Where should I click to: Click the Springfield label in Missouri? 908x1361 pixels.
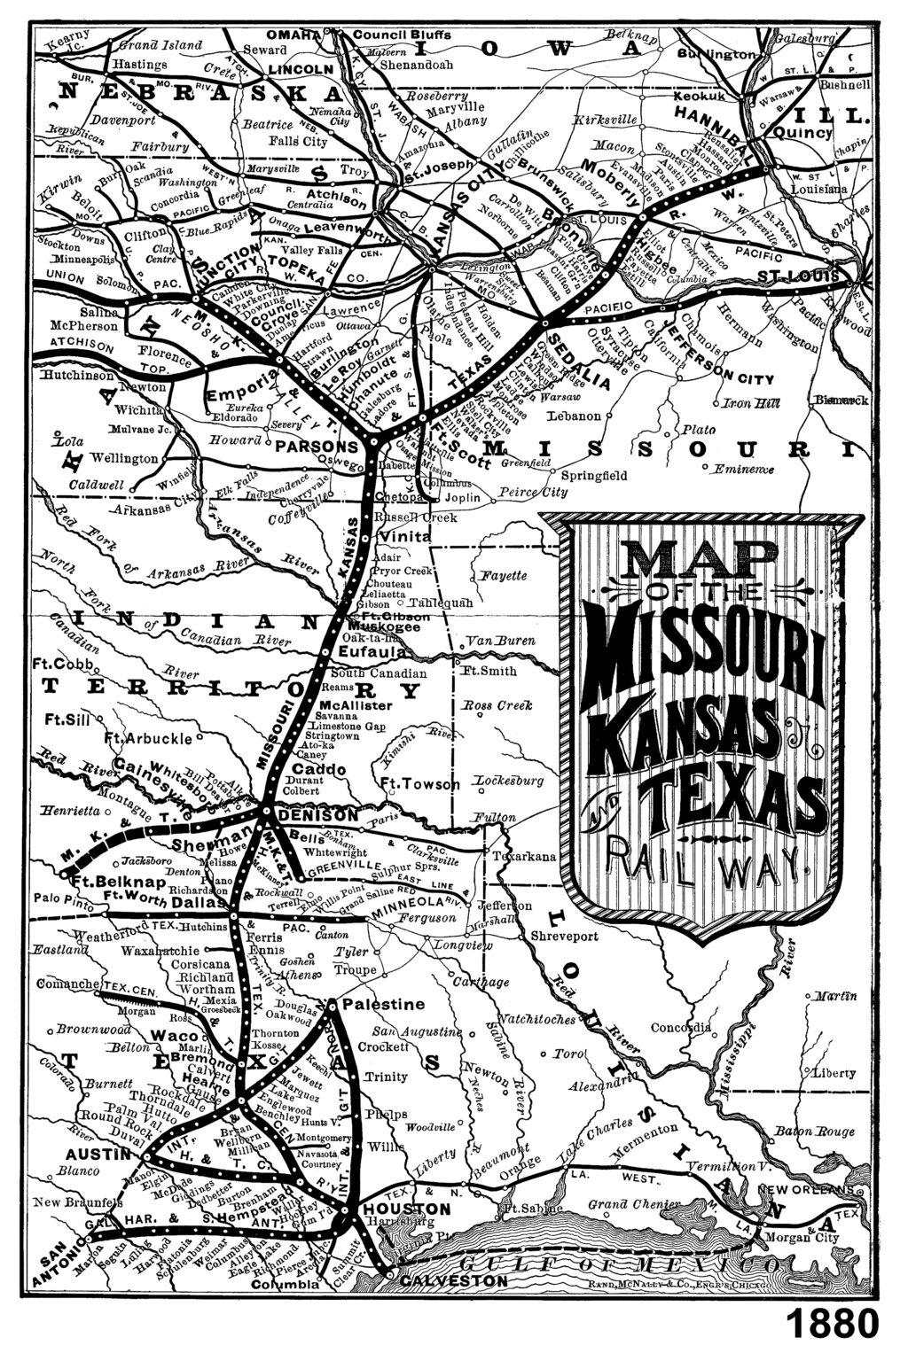595,475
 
